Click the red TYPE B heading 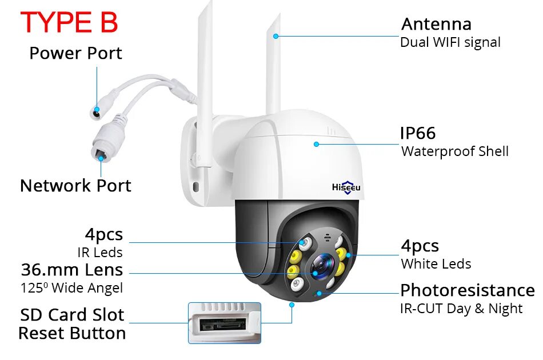point(69,23)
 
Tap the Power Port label point(75,54)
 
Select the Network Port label point(75,186)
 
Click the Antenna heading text point(436,25)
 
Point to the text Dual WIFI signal point(450,42)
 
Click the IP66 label point(418,134)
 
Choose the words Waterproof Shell point(454,151)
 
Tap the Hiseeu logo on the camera point(346,187)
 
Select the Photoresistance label point(467,290)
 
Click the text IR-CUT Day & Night point(461,309)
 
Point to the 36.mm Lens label point(72,270)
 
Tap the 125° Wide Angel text point(72,288)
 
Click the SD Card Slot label point(72,315)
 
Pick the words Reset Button point(72,334)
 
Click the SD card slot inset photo point(224,323)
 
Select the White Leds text point(436,264)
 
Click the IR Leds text point(100,252)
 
